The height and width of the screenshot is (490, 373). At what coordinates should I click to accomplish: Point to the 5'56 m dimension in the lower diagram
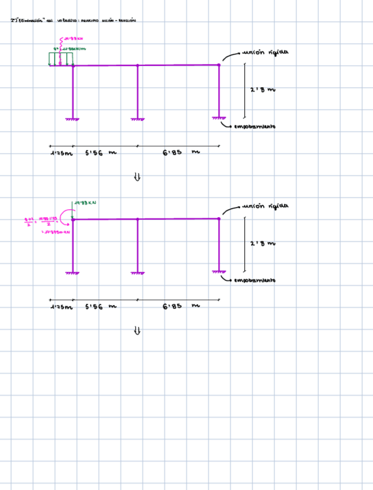[100, 307]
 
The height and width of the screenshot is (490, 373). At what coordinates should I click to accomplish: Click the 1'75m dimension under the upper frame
[62, 154]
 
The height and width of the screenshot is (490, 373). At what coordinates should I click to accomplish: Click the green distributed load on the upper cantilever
[61, 59]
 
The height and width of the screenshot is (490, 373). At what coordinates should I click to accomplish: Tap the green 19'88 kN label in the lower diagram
[85, 203]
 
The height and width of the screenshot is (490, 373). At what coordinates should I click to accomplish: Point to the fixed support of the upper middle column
[137, 118]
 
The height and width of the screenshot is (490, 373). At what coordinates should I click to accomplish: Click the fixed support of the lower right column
[219, 271]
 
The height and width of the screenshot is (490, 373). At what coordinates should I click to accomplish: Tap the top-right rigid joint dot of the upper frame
[219, 65]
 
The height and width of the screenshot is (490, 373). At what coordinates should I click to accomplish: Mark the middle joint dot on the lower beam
[137, 219]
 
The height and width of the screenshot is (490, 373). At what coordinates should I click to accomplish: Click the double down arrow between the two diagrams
[137, 177]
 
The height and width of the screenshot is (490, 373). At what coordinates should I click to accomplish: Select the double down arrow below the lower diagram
[137, 331]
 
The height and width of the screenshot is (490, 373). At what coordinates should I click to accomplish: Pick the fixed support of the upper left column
[73, 118]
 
